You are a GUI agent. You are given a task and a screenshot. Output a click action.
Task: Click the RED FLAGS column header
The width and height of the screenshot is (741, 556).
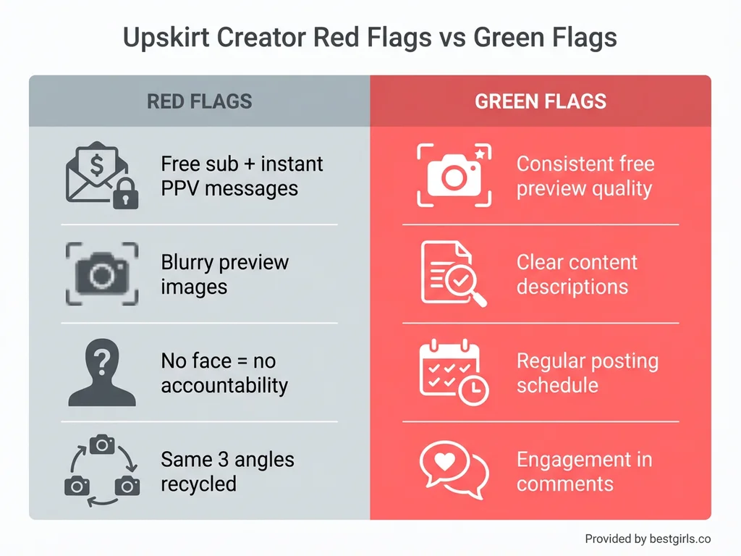click(199, 101)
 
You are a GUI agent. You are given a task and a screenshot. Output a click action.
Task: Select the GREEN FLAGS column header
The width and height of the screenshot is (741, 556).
click(541, 101)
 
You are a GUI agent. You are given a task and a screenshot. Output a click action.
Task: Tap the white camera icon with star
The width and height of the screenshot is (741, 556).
click(454, 175)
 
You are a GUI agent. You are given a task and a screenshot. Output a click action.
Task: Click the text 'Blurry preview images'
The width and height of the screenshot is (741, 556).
click(224, 274)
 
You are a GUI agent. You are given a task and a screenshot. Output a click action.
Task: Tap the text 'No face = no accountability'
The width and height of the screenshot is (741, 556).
click(224, 373)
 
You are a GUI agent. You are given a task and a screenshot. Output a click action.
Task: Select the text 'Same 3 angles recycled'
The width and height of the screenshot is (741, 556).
click(227, 471)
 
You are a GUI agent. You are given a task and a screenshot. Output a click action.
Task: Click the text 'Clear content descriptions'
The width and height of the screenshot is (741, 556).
click(577, 274)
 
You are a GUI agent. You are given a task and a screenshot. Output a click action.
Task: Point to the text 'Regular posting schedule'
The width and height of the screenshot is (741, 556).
click(587, 373)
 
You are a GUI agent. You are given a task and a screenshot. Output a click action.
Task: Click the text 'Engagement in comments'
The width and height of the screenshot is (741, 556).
click(584, 471)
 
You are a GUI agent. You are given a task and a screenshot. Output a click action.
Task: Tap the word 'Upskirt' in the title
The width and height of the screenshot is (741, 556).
click(166, 38)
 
